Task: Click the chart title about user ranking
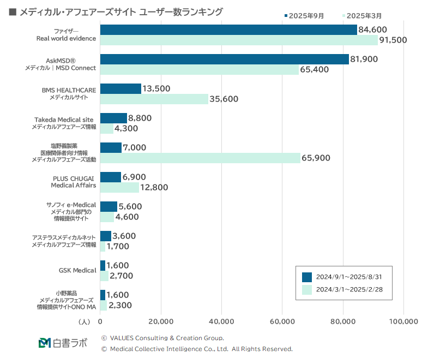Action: tap(120, 12)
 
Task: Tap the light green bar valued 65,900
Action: tap(200, 158)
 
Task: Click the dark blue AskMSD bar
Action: tap(224, 59)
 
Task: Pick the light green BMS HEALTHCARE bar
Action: tap(154, 99)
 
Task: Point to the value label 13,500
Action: tap(156, 88)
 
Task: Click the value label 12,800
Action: tap(154, 187)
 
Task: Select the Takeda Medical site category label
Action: tap(64, 120)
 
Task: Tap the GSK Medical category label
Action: tap(77, 270)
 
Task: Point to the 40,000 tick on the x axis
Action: tap(221, 322)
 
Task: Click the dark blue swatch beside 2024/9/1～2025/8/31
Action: tap(306, 277)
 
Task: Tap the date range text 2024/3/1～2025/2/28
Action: tap(352, 289)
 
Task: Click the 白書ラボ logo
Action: tap(63, 343)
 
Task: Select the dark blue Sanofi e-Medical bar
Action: tap(108, 206)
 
